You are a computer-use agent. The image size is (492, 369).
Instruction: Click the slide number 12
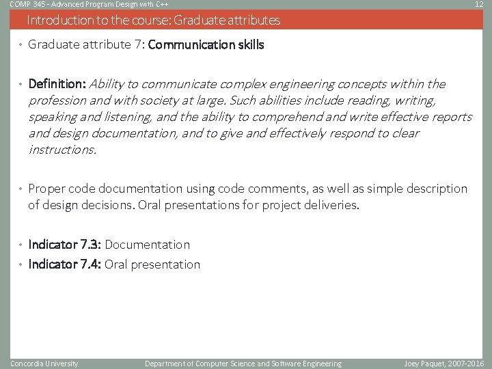click(479, 4)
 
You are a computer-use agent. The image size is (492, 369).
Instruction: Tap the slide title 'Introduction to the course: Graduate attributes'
click(153, 20)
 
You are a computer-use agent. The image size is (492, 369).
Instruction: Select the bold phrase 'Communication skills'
click(206, 45)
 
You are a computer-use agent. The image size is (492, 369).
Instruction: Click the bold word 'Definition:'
click(57, 84)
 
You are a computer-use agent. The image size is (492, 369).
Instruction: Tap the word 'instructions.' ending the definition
click(62, 149)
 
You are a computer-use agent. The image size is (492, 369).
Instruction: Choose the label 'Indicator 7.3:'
click(65, 245)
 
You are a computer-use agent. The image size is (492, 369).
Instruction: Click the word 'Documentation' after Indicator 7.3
click(148, 245)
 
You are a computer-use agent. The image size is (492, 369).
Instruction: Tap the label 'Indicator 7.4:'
click(65, 264)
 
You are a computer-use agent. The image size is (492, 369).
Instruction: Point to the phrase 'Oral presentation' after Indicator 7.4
click(152, 264)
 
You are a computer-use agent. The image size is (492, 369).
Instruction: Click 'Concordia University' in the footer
click(44, 364)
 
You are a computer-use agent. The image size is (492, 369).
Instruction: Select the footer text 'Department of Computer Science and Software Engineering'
click(243, 364)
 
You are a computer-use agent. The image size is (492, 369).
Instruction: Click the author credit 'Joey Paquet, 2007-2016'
click(443, 364)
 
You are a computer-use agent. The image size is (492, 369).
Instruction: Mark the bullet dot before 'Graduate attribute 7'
click(21, 46)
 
